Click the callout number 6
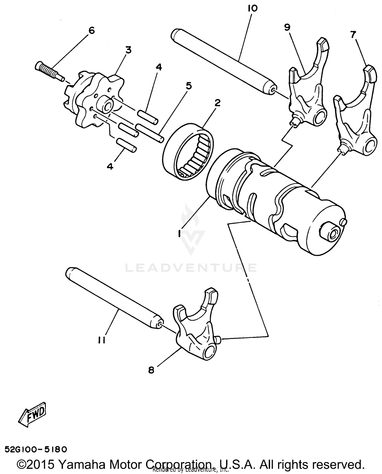[91, 31]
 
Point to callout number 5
[189, 86]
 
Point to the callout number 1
[180, 233]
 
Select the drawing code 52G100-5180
[36, 450]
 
